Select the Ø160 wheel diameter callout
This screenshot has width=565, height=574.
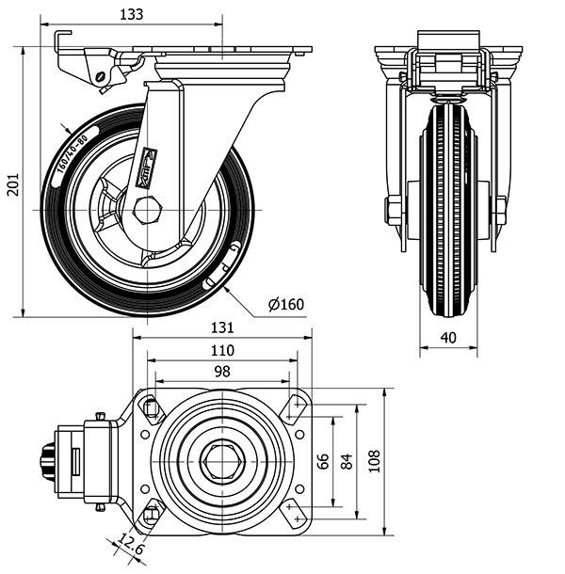coord(285,304)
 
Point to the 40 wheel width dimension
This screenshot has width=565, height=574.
coord(447,337)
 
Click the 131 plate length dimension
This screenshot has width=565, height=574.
coord(221,328)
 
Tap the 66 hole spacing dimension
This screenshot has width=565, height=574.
coord(322,462)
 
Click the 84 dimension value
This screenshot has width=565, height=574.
coord(346,462)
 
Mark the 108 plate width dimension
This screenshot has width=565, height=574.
coord(374,462)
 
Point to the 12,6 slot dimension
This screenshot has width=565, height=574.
coord(131,544)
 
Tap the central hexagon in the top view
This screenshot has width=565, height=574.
coord(223,461)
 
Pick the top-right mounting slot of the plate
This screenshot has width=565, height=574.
coord(298,407)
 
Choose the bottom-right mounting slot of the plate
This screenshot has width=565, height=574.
coord(298,515)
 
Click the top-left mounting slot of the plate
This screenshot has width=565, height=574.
coord(151,407)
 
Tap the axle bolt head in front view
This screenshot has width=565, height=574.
coord(394,209)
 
